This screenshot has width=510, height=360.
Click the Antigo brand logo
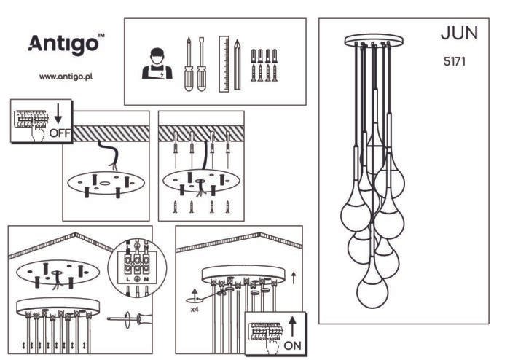[x=66, y=44]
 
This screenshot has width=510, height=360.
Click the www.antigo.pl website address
[x=66, y=77]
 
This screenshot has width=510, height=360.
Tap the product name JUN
[x=459, y=33]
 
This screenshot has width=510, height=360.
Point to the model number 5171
[x=455, y=61]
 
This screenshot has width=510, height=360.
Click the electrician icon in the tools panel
[x=157, y=63]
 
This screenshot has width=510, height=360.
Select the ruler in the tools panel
[x=224, y=63]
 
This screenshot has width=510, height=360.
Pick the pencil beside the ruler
[x=238, y=64]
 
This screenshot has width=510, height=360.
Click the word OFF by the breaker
[x=60, y=133]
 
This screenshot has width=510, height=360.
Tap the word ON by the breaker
[x=292, y=345]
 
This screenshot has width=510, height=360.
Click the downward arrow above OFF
[x=58, y=113]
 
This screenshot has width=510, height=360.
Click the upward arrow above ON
[x=292, y=326]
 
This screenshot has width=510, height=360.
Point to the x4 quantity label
[x=195, y=309]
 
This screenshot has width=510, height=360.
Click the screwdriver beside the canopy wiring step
[x=130, y=318]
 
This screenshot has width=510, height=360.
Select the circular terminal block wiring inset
[x=137, y=268]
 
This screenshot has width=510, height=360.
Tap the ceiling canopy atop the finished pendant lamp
[x=374, y=41]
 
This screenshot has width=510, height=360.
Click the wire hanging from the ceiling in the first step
[x=109, y=154]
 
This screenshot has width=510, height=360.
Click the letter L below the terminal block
[x=127, y=279]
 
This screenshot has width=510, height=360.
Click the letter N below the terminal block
[x=146, y=279]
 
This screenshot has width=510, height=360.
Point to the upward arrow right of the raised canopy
[x=294, y=278]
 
